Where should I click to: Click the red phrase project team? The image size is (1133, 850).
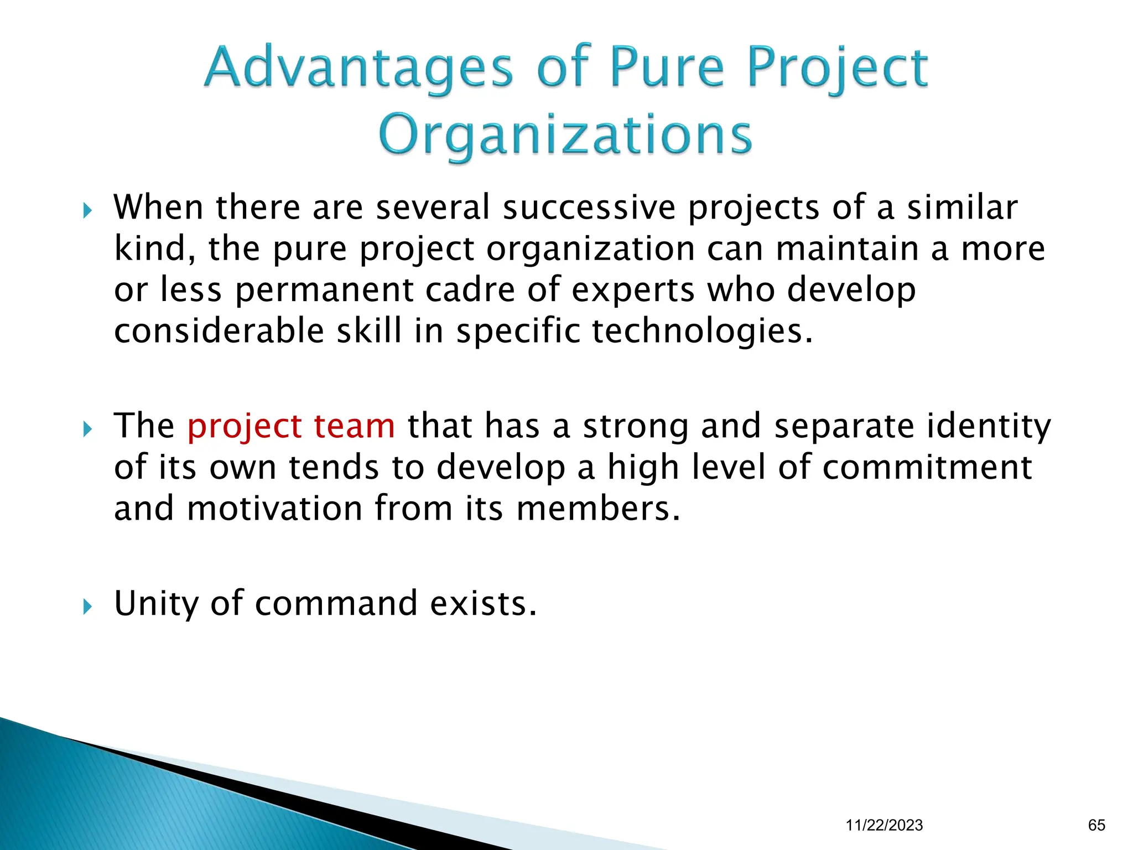(291, 427)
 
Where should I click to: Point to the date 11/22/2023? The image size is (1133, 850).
(884, 825)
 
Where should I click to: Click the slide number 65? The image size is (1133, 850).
(1096, 825)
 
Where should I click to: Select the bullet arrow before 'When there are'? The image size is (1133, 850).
(87, 210)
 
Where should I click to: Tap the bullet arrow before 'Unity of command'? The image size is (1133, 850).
(87, 607)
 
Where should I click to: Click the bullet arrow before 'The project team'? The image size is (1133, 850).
(87, 429)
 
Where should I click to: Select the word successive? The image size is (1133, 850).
(589, 208)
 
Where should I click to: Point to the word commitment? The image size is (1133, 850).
(927, 468)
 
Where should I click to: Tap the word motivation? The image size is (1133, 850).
(274, 509)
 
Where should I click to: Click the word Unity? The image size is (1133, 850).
(156, 604)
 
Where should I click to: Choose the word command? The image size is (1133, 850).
(336, 604)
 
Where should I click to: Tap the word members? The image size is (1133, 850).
(592, 509)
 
